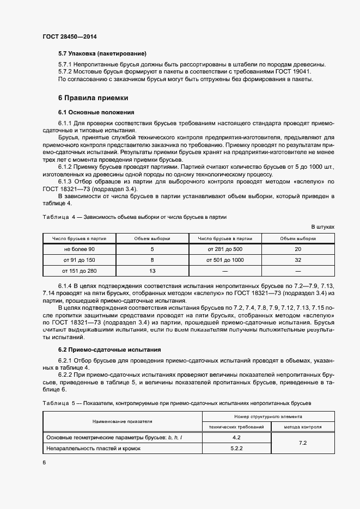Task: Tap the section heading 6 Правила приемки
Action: [93, 98]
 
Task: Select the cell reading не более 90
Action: [79, 249]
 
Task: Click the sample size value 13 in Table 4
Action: [152, 271]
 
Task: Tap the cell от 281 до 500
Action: [225, 249]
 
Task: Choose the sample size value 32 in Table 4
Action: [298, 260]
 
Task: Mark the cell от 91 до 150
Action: [79, 260]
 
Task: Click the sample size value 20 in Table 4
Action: [298, 249]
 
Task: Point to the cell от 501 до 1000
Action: [225, 260]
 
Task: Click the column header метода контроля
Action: [302, 427]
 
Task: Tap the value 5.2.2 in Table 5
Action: [236, 448]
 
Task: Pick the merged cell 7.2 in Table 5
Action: [302, 443]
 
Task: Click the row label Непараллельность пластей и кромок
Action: [94, 448]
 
